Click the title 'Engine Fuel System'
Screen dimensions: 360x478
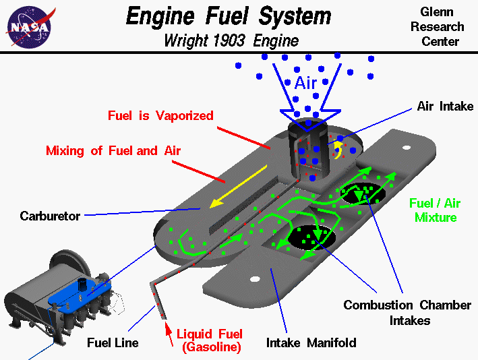(229, 16)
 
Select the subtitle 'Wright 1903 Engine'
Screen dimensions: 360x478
(231, 40)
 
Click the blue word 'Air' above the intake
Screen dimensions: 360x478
(305, 83)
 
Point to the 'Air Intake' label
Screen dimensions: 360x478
(445, 107)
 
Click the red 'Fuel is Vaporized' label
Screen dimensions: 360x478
(160, 115)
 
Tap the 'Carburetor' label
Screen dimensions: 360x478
(50, 216)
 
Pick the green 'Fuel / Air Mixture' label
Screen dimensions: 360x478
(436, 210)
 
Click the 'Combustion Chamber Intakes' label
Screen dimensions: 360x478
(407, 313)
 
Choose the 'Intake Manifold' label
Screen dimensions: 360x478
(311, 342)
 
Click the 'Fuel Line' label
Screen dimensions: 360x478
(113, 342)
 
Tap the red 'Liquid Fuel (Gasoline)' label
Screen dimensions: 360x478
(209, 341)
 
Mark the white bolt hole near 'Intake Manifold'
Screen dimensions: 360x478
(255, 278)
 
